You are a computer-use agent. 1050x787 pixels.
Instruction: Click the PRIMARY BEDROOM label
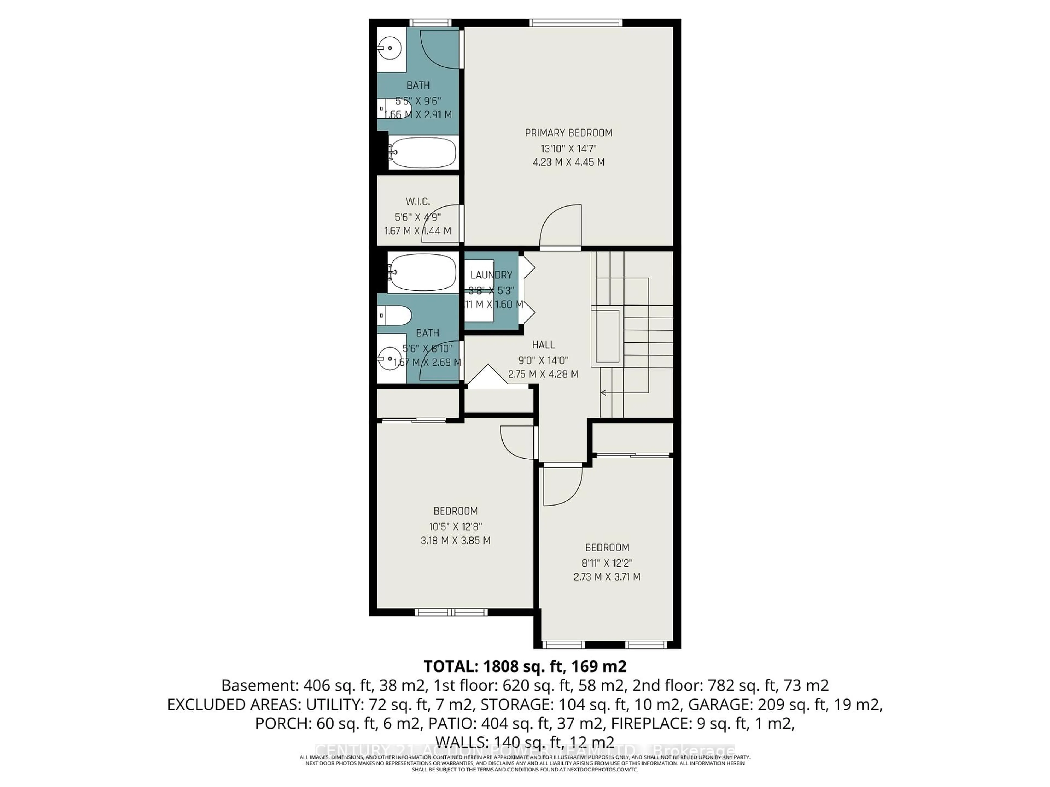pos(568,133)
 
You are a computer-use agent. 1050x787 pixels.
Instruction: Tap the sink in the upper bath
pos(390,48)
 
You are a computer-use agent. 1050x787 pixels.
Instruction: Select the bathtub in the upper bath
pos(422,152)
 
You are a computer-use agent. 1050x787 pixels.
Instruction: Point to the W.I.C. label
pos(418,202)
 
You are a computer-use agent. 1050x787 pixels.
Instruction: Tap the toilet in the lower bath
pos(395,315)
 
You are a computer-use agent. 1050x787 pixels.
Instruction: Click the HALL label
pos(543,345)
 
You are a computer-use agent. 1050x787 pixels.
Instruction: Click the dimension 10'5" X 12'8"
pos(455,527)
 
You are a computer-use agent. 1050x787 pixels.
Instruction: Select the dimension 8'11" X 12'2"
pos(607,563)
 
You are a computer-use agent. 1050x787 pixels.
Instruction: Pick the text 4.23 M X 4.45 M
pos(568,162)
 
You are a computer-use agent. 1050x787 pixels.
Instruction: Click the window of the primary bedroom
pos(575,22)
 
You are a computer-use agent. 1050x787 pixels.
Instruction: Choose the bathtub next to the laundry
pos(422,272)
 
